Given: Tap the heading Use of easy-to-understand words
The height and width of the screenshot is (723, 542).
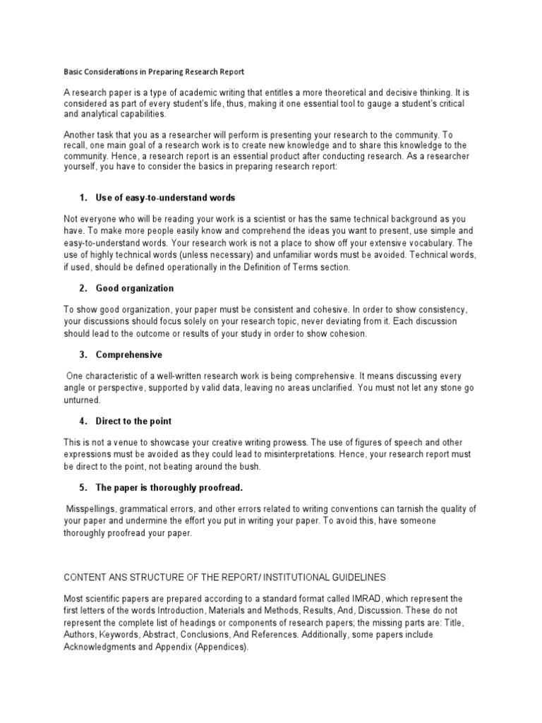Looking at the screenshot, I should click(165, 197).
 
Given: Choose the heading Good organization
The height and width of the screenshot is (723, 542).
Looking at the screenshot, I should click(134, 288).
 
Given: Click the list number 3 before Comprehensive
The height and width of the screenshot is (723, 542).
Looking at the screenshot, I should click(83, 354).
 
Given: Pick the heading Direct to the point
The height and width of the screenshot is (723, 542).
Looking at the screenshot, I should click(134, 421).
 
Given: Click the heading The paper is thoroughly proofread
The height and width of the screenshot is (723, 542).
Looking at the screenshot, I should click(169, 487).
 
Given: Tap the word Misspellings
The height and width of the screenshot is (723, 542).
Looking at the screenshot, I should click(92, 509).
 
